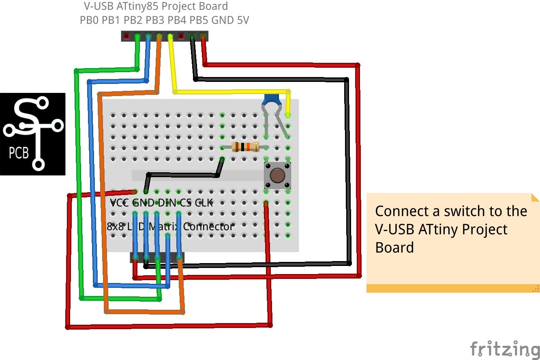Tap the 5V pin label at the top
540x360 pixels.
pos(242,20)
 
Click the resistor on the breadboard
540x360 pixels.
pos(245,147)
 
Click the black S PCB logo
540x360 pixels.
pos(32,134)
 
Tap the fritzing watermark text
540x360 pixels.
pos(504,349)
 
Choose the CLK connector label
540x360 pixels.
pos(204,203)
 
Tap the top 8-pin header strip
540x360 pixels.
pos(165,36)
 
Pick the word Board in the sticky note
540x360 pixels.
pos(394,247)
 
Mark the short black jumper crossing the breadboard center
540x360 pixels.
pos(182,175)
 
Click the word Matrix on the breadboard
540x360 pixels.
pos(164,227)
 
